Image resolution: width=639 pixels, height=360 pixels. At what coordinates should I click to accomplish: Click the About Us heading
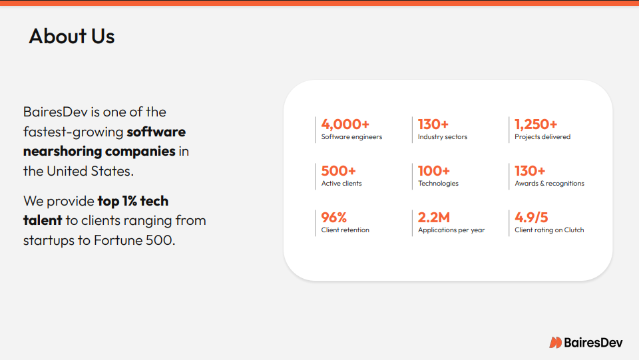click(72, 36)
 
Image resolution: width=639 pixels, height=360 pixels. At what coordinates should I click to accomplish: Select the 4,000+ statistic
click(345, 124)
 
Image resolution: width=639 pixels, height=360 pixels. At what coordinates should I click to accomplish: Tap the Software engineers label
click(351, 137)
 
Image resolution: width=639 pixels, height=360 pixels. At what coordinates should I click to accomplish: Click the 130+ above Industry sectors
click(433, 124)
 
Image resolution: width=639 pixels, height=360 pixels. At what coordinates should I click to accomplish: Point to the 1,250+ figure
click(536, 124)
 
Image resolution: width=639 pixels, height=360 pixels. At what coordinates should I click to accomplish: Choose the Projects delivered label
click(542, 137)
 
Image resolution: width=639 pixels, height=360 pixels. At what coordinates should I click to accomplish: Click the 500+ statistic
click(338, 170)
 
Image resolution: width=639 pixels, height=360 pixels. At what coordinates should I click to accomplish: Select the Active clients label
click(341, 183)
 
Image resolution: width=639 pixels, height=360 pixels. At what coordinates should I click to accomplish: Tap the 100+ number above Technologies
click(434, 170)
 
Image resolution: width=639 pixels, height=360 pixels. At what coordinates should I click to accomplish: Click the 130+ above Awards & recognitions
click(530, 170)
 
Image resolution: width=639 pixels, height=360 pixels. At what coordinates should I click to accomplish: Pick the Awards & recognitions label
click(549, 183)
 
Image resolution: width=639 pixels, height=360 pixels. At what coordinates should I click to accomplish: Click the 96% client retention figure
click(333, 217)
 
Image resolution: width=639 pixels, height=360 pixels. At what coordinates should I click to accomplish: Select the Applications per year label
click(451, 230)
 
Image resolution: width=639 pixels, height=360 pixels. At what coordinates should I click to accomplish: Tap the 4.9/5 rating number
click(531, 217)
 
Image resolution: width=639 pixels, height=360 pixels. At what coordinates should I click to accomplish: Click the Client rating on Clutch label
click(549, 230)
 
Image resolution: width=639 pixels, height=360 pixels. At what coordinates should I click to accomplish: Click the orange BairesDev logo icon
click(555, 343)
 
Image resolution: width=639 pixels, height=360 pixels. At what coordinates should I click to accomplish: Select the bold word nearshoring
click(63, 151)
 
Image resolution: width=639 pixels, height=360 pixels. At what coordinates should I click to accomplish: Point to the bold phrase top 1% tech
click(133, 201)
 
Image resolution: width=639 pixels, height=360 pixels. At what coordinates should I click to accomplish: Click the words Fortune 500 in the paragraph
click(133, 240)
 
